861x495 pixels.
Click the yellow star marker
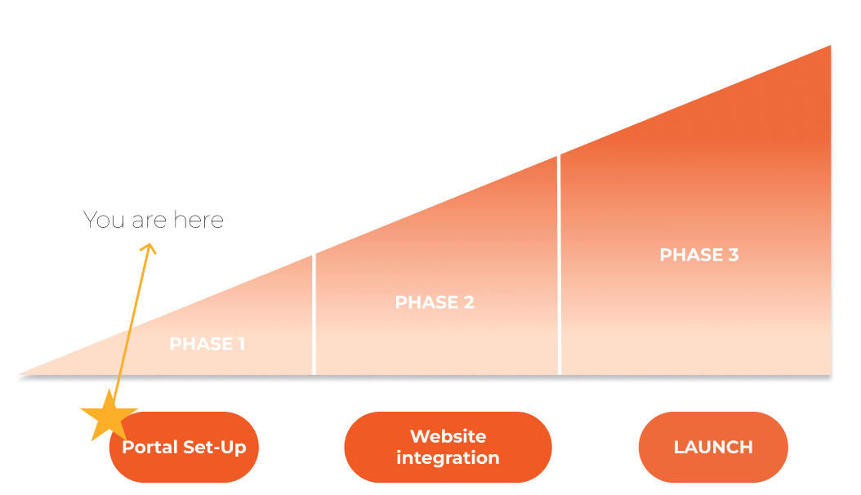pyautogui.click(x=109, y=416)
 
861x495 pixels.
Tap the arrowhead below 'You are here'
pyautogui.click(x=149, y=248)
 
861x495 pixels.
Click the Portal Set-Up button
pyautogui.click(x=184, y=448)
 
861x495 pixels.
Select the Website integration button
pyautogui.click(x=448, y=448)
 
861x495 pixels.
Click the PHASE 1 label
pyautogui.click(x=207, y=344)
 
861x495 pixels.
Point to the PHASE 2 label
pyautogui.click(x=435, y=302)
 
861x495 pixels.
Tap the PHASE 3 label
pyautogui.click(x=699, y=255)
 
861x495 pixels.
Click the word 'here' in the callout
pyautogui.click(x=199, y=220)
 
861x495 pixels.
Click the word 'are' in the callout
pyautogui.click(x=149, y=221)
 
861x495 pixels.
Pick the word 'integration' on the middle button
pyautogui.click(x=448, y=457)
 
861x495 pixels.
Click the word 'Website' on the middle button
pyautogui.click(x=448, y=436)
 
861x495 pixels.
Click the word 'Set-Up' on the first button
pyautogui.click(x=215, y=448)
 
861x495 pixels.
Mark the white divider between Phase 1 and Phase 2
pyautogui.click(x=314, y=314)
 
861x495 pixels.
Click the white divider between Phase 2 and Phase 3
pyautogui.click(x=559, y=265)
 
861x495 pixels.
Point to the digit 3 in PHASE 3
pyautogui.click(x=733, y=255)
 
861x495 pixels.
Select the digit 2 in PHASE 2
pyautogui.click(x=468, y=302)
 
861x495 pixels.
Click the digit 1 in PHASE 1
pyautogui.click(x=241, y=344)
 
